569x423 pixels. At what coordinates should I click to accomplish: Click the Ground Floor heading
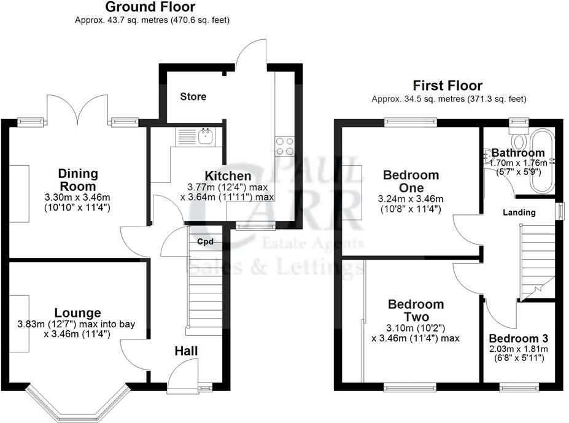point(150,7)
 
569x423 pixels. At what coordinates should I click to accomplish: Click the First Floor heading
point(447,86)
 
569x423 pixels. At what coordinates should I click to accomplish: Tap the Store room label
point(193,97)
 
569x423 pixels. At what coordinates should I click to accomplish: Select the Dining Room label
point(77,179)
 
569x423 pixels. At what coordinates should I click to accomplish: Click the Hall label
point(186,351)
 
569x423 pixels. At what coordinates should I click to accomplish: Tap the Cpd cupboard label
point(205,242)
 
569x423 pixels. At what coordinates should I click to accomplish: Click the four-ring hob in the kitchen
point(284,146)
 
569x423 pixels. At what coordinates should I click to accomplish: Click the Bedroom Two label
point(416,311)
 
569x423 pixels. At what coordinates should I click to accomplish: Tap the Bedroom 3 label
point(519,338)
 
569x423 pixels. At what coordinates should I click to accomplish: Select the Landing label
point(519,212)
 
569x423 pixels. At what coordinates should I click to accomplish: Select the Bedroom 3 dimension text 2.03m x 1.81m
point(519,349)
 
